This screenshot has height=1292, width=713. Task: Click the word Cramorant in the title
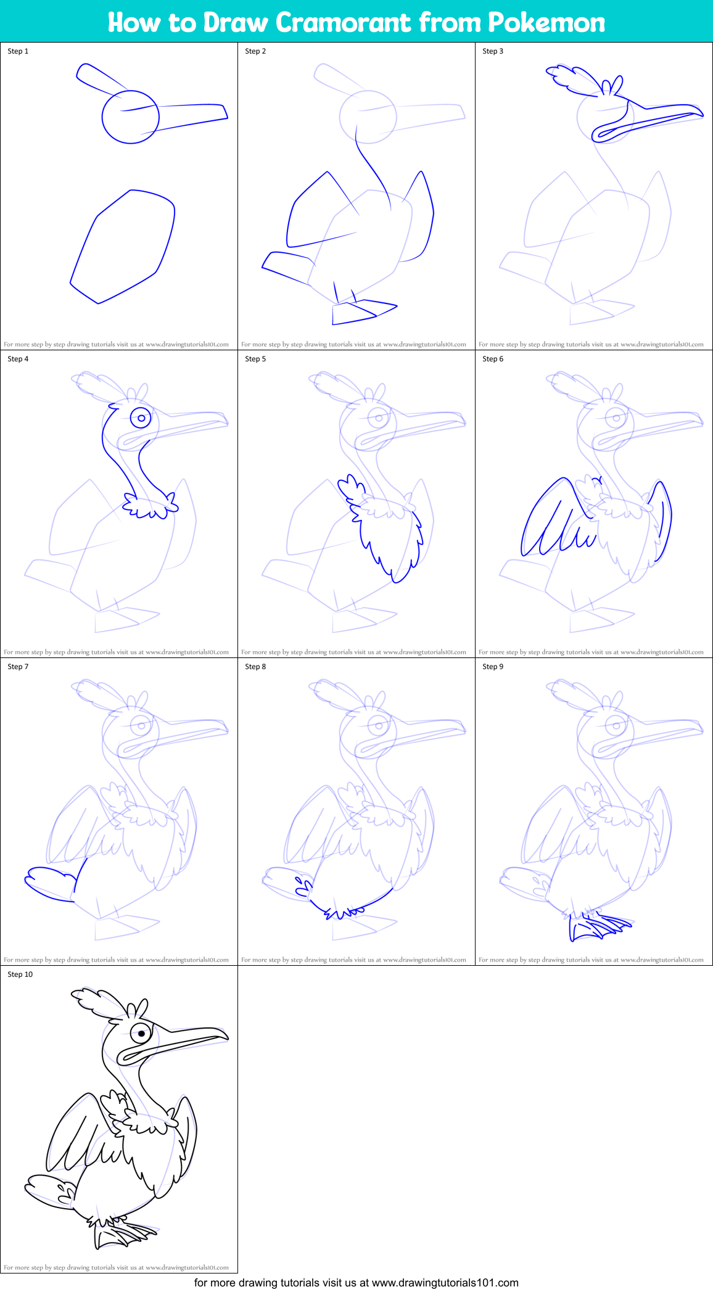click(x=343, y=23)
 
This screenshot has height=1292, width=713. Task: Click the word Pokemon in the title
click(x=546, y=23)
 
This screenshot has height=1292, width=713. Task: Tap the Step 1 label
click(x=18, y=51)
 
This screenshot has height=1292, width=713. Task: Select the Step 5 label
click(x=255, y=359)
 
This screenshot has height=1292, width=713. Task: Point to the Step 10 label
click(x=20, y=974)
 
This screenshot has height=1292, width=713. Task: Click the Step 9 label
click(x=493, y=667)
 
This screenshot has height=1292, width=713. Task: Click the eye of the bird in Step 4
click(x=141, y=418)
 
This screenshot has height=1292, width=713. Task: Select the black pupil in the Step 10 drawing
click(x=142, y=1034)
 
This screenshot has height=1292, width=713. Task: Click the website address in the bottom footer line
click(x=445, y=1283)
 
